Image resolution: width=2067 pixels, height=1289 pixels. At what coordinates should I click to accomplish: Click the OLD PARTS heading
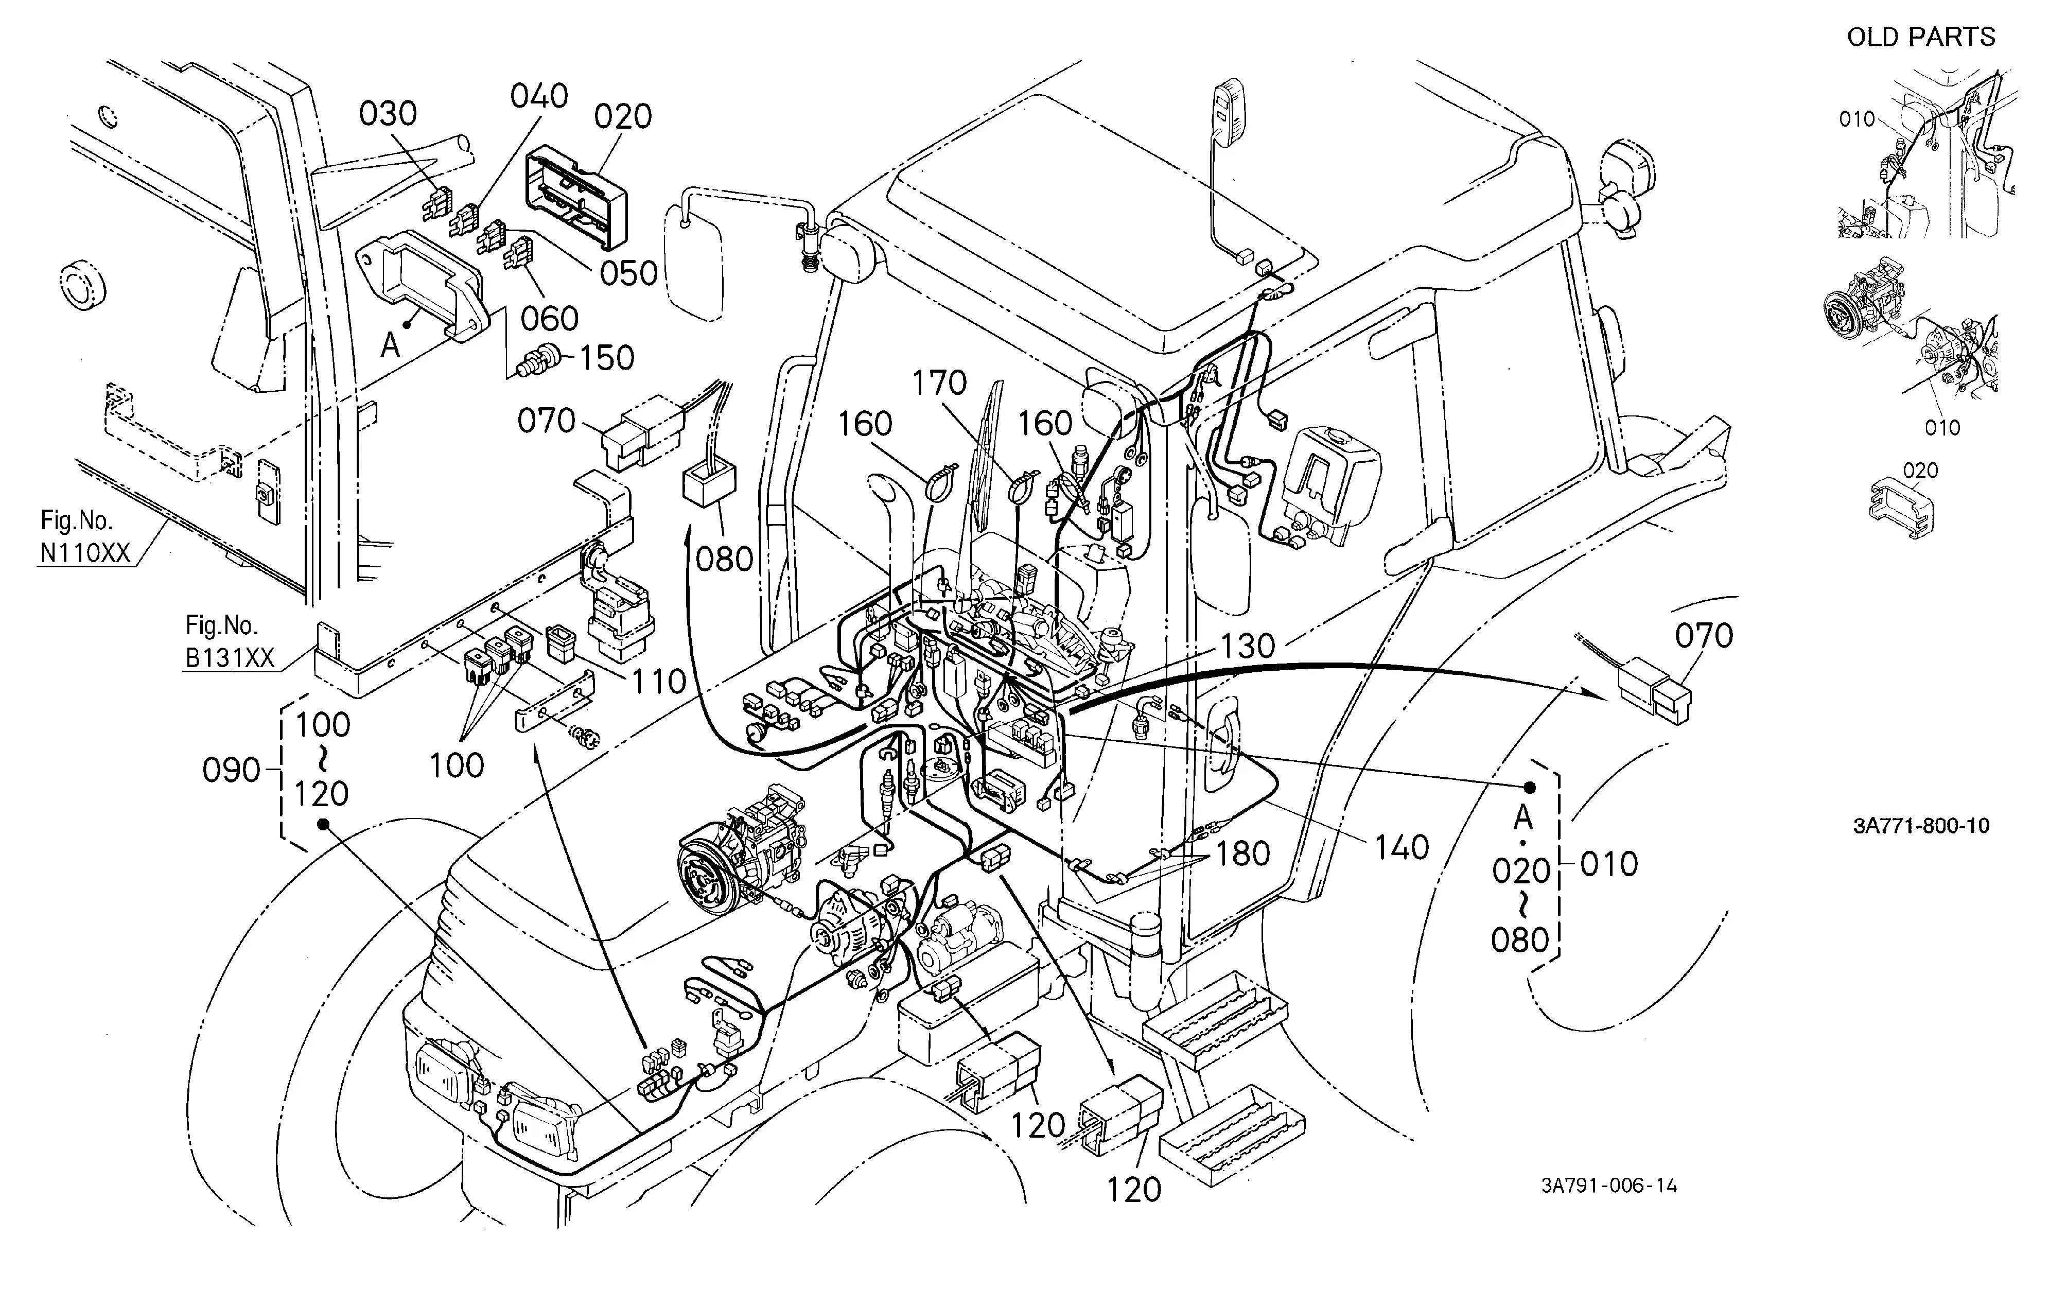pos(1921,38)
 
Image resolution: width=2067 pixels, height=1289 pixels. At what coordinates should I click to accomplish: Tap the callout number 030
pos(388,113)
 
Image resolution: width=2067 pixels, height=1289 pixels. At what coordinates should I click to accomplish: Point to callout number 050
pos(629,274)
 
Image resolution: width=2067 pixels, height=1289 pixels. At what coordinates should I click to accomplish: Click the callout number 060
pos(550,319)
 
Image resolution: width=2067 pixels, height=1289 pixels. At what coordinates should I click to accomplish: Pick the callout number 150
pos(607,358)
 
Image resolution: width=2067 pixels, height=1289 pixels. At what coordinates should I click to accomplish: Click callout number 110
pos(659,682)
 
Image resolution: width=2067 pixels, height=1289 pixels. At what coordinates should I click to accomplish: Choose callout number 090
pos(231,771)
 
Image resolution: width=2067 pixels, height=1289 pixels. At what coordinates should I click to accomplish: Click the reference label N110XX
pos(85,554)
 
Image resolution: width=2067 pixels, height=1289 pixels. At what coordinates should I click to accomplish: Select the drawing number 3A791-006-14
pos(1609,1187)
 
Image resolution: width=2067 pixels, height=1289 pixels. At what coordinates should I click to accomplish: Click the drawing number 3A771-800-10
pos(1921,826)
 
